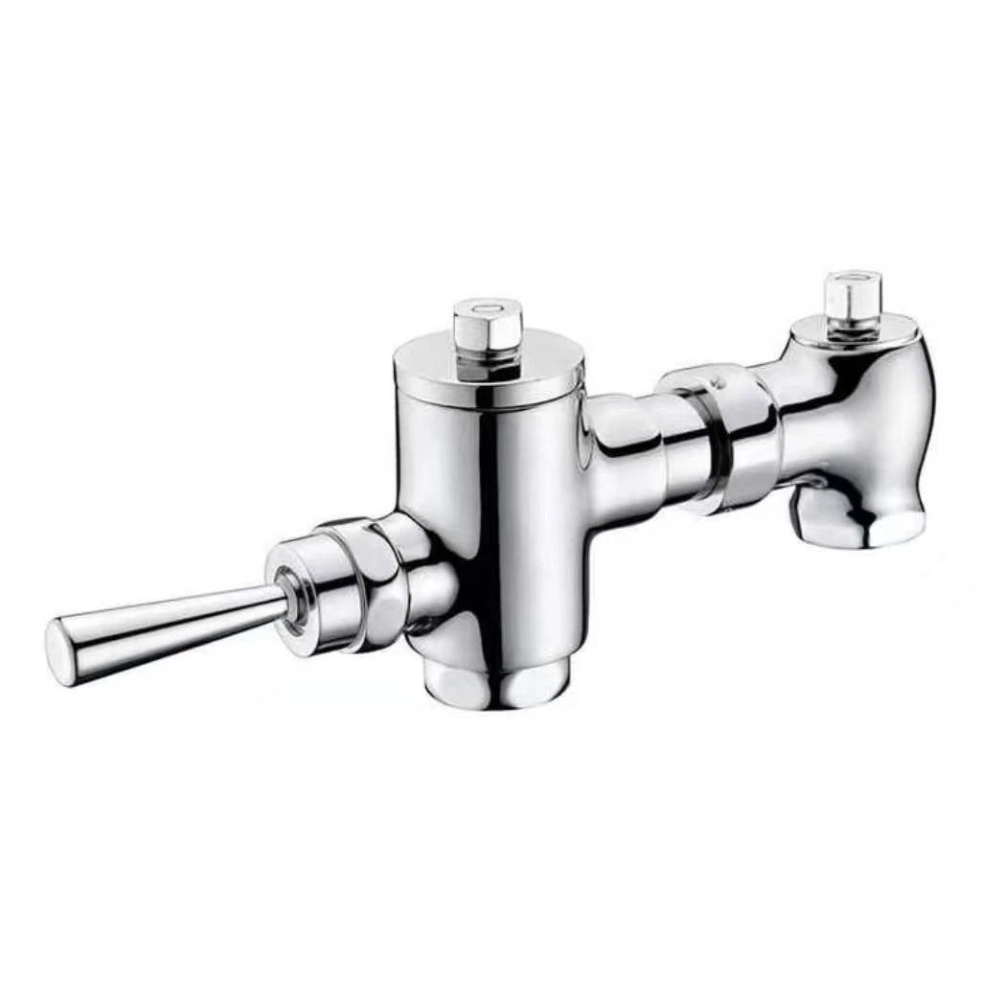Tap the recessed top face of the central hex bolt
point(488,309)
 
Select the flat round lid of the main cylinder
point(489,369)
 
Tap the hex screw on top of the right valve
point(852,297)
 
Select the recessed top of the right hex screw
point(852,279)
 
